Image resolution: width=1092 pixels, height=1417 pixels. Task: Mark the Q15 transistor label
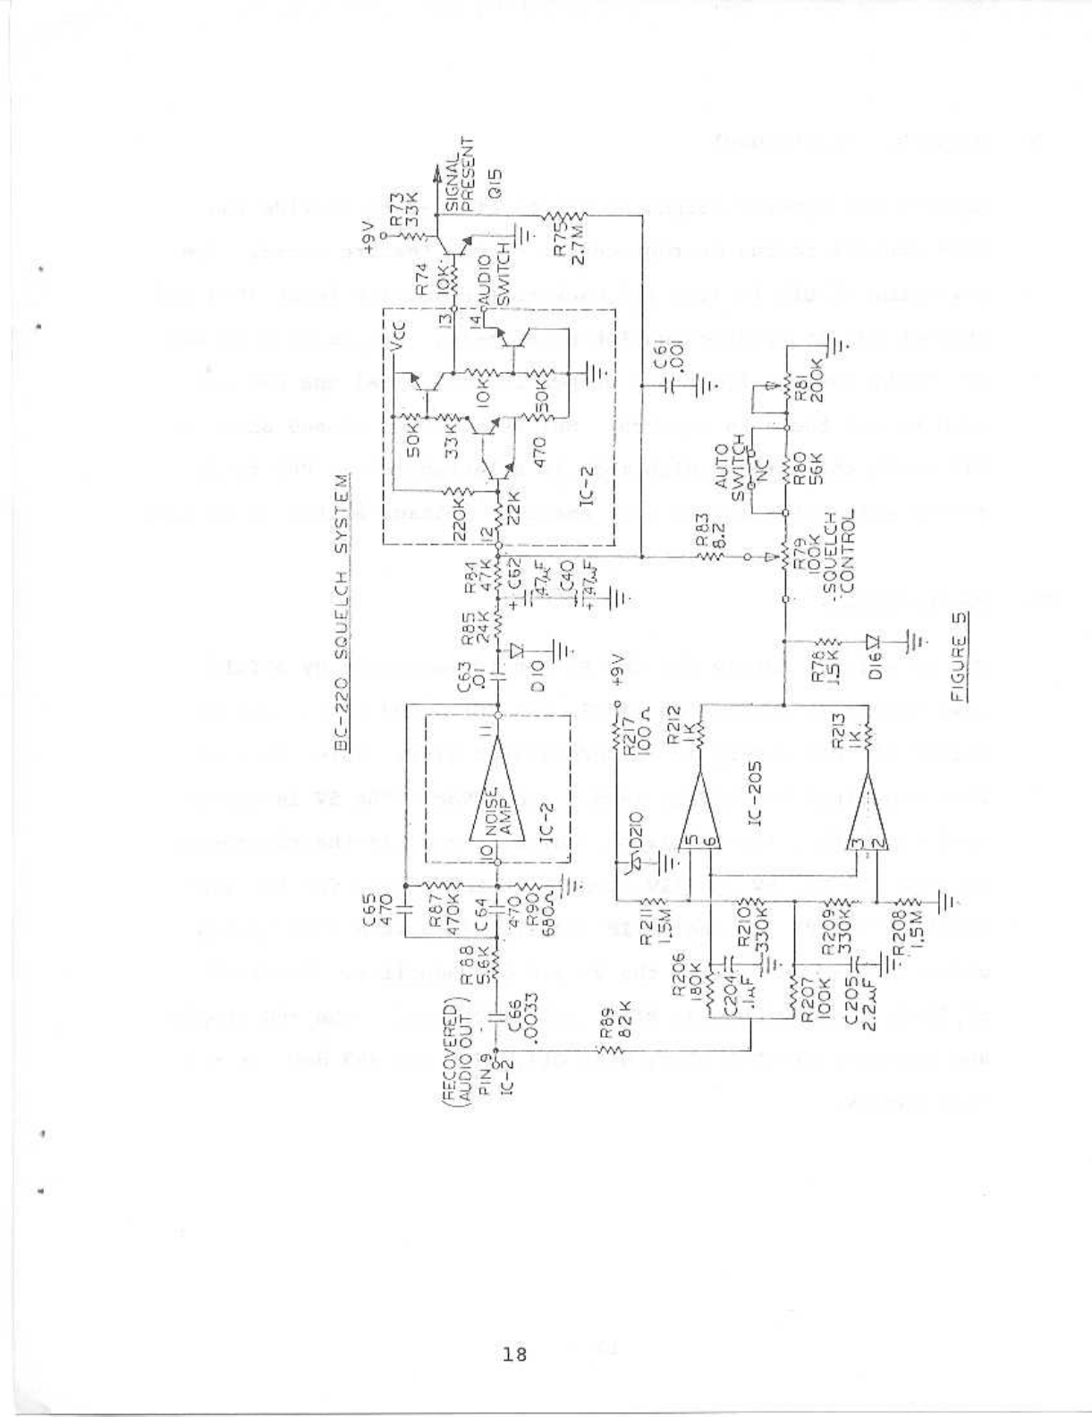[x=494, y=187]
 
